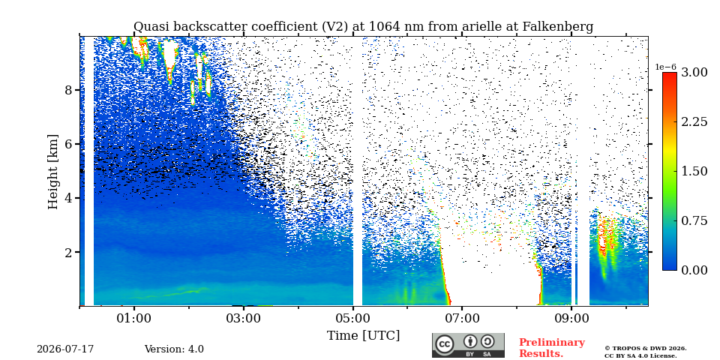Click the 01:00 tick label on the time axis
pyautogui.click(x=134, y=318)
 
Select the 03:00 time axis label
pyautogui.click(x=243, y=318)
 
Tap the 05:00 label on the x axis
pyautogui.click(x=352, y=318)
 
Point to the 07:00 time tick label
pyautogui.click(x=462, y=318)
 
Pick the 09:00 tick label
pyautogui.click(x=571, y=318)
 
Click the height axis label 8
pyautogui.click(x=68, y=90)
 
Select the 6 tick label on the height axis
pyautogui.click(x=68, y=144)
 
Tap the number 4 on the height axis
pyautogui.click(x=68, y=198)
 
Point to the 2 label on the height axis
pyautogui.click(x=68, y=252)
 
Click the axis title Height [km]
pyautogui.click(x=53, y=172)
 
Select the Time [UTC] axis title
pyautogui.click(x=363, y=336)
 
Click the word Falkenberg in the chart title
pyautogui.click(x=558, y=27)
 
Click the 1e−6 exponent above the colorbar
pyautogui.click(x=665, y=67)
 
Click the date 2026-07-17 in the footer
pyautogui.click(x=65, y=349)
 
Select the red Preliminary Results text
pyautogui.click(x=552, y=348)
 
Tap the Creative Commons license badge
pyautogui.click(x=468, y=345)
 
